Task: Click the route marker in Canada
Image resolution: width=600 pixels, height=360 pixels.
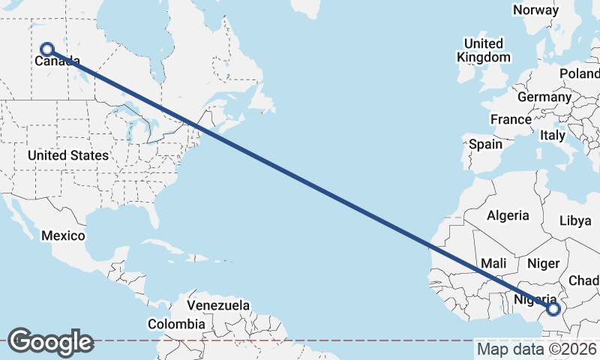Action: coord(46,49)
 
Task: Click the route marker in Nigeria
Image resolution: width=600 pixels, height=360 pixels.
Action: coord(553,308)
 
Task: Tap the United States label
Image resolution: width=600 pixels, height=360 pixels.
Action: coord(67,155)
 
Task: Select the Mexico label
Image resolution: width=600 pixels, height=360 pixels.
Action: coord(63,235)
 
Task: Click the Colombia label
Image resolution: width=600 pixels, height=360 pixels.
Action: coord(175,324)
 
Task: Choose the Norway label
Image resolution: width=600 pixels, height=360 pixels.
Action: coord(535,10)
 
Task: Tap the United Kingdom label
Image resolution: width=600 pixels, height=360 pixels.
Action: coord(484,49)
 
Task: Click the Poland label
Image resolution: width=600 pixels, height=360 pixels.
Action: coord(580,73)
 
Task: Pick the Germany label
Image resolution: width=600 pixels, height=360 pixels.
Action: coord(544,97)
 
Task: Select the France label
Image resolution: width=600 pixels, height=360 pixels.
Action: coord(511,119)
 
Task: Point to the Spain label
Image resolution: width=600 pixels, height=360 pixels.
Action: coord(485,144)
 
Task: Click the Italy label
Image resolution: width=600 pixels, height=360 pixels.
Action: coord(553,136)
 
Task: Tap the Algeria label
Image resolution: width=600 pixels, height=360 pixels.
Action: coord(508,215)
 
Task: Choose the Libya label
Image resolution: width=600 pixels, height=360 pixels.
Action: coord(576,220)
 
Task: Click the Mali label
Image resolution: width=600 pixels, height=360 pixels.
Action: coord(494,263)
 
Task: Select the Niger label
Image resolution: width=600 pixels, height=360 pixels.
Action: coord(544,263)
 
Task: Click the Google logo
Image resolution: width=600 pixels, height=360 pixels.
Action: coord(50,341)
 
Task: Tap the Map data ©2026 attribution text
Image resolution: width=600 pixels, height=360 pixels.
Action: coord(536,349)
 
